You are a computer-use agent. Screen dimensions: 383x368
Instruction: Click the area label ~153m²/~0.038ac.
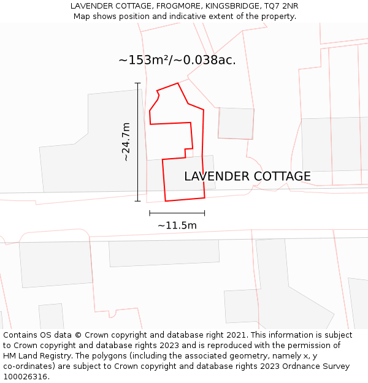[x=177, y=60]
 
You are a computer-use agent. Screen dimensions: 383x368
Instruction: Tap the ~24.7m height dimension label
[x=126, y=142]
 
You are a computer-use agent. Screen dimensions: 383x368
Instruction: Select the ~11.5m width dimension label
[x=177, y=226]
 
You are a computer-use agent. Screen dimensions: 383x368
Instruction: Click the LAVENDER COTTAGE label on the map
[x=247, y=176]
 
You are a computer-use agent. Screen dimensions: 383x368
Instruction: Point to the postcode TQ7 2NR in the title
[x=282, y=6]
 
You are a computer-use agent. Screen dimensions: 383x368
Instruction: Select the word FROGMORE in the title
[x=179, y=6]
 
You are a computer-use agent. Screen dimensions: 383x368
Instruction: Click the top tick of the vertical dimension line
[x=137, y=83]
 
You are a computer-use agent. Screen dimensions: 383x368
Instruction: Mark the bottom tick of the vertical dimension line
[x=137, y=201]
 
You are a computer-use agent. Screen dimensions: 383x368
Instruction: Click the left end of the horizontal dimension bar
[x=150, y=213]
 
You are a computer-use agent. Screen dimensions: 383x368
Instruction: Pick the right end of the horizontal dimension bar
[x=204, y=213]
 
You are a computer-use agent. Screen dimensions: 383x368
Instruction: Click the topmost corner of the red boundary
[x=178, y=83]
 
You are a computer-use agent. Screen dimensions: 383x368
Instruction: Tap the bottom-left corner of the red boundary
[x=165, y=201]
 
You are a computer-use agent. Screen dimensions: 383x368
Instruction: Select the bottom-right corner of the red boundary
[x=204, y=198]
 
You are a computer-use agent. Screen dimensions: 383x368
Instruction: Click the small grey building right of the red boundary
[x=236, y=123]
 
